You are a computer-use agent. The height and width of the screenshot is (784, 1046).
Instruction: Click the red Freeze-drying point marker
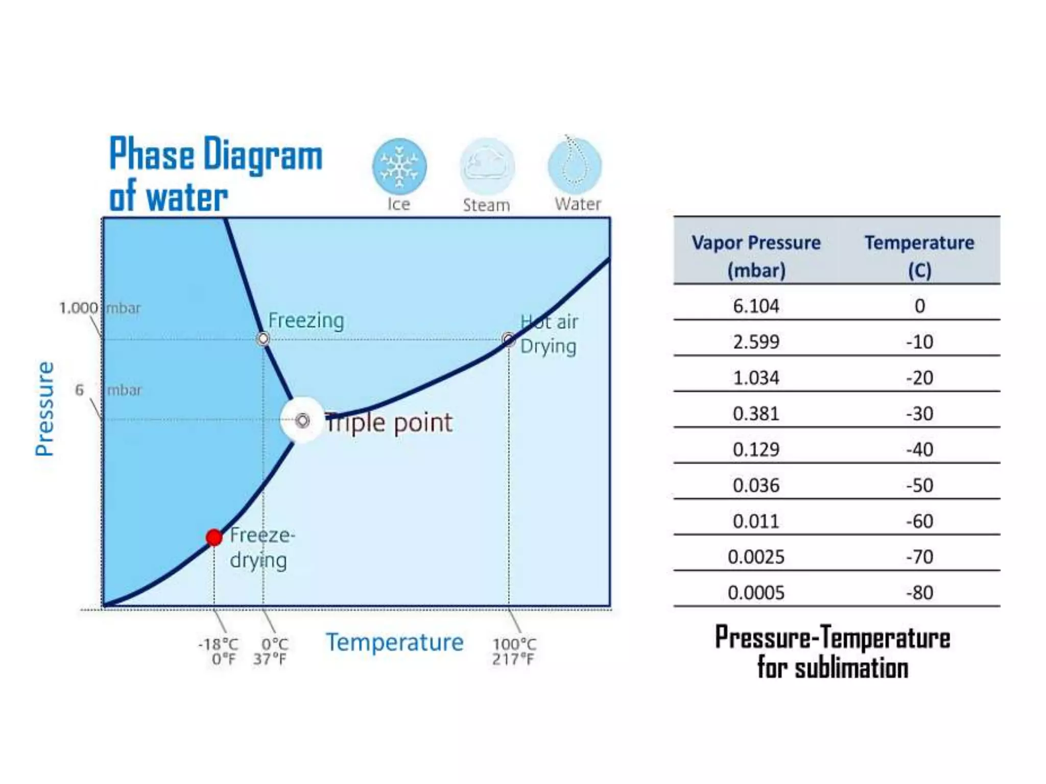[214, 537]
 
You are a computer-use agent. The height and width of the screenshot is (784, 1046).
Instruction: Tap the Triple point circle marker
[302, 421]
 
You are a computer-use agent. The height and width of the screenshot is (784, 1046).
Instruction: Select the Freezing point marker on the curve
[263, 338]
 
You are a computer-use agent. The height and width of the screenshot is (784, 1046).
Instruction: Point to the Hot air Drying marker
[508, 339]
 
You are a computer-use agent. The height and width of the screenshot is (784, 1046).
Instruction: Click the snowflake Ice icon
[399, 166]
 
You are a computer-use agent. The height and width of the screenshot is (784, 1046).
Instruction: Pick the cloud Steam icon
[487, 166]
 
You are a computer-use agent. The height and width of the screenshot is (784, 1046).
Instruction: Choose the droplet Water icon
[575, 165]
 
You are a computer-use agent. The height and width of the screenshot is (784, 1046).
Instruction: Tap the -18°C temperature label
[219, 644]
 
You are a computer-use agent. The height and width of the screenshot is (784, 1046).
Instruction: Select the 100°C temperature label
[514, 644]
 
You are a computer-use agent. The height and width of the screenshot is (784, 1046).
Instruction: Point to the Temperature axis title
[395, 642]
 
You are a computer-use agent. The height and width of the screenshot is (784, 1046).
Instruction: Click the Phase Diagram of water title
[216, 174]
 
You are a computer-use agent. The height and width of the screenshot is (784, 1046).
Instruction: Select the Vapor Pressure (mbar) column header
[756, 256]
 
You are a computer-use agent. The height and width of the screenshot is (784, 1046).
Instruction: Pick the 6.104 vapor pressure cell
[756, 306]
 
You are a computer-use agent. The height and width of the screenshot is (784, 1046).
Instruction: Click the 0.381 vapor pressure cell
[756, 413]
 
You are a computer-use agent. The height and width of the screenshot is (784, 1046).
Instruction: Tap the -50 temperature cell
[919, 485]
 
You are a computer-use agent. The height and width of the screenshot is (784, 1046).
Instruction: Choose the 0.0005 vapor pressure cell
[756, 593]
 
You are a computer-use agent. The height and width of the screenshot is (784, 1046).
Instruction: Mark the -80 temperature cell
[919, 593]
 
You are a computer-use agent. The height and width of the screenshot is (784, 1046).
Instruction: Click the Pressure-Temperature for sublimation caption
[833, 652]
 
